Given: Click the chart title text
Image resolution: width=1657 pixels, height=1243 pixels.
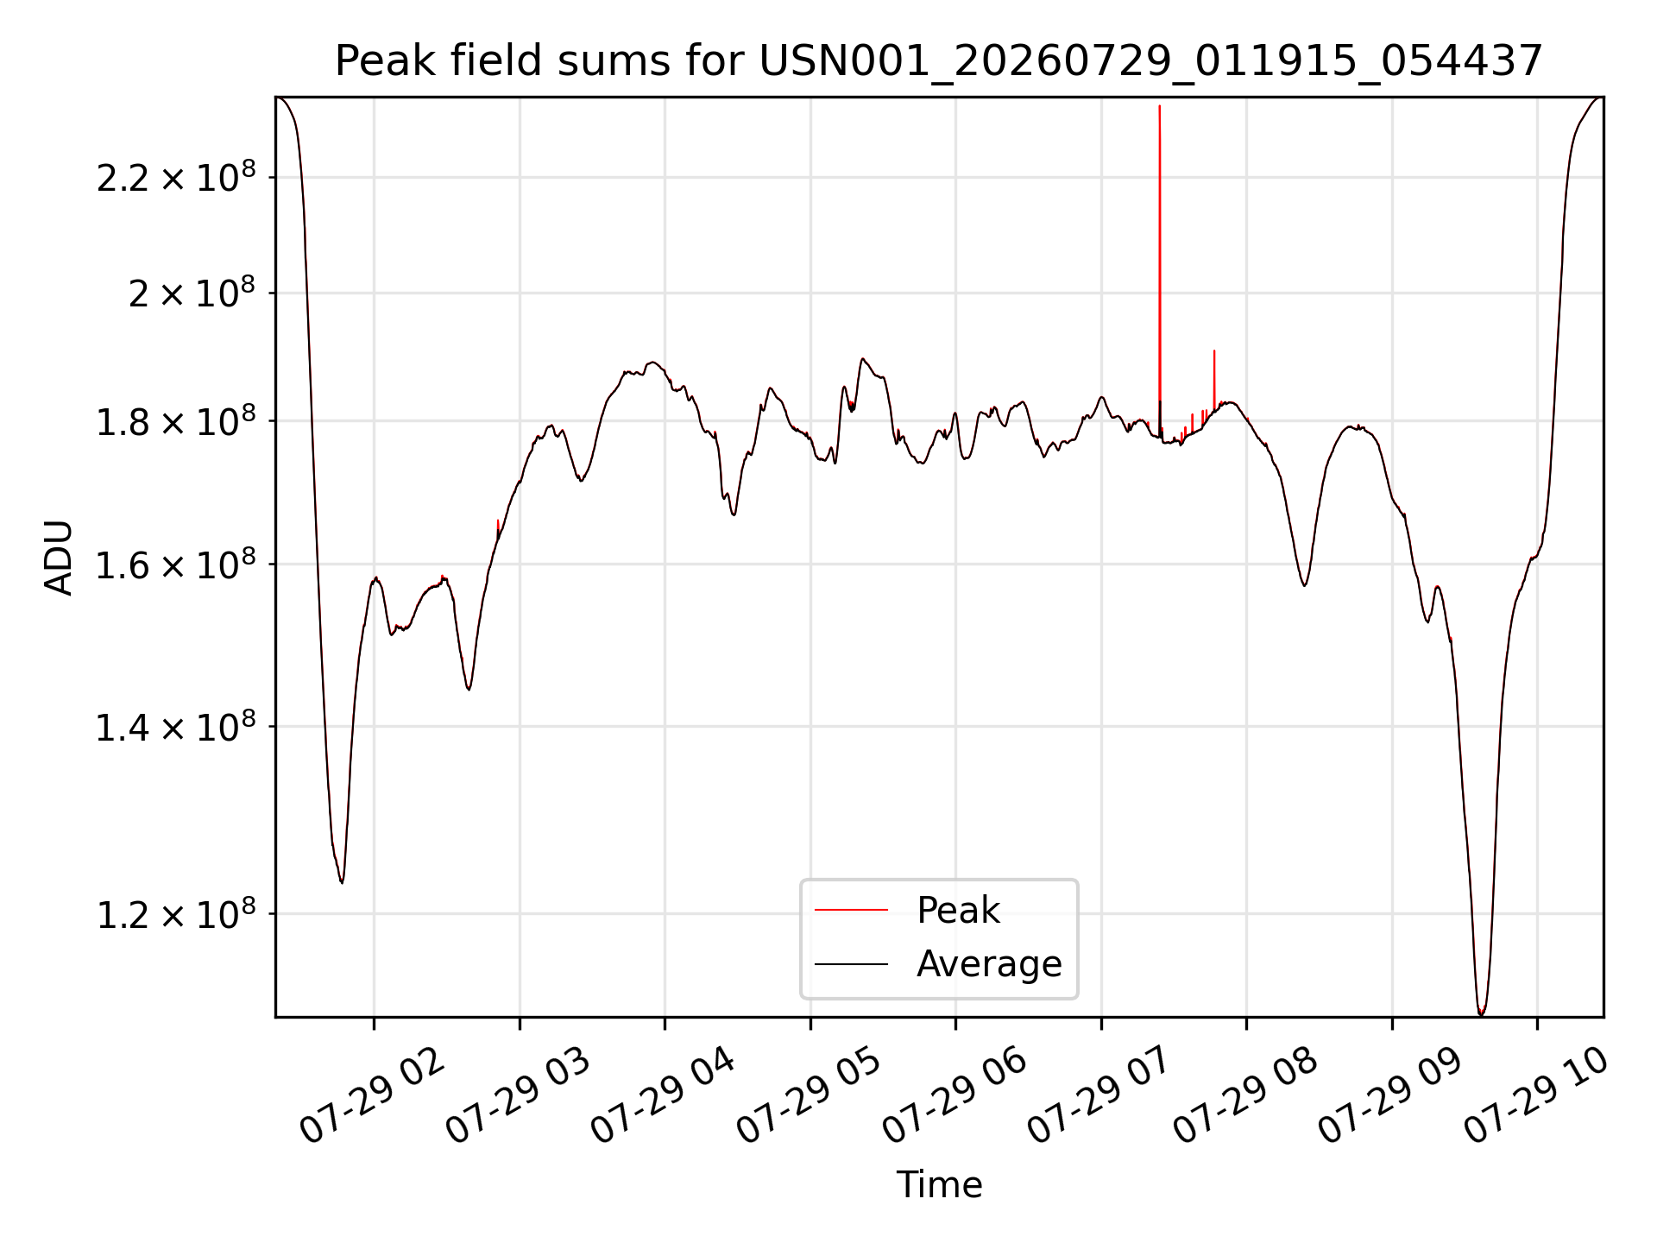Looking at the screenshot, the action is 939,61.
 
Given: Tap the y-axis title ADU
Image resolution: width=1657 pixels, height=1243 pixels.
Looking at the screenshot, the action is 59,558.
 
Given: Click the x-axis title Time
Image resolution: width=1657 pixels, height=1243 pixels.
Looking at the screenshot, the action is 939,1185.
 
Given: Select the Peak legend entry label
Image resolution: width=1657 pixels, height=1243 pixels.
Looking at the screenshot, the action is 958,911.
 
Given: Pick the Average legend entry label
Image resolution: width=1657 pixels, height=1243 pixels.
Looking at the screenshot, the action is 989,964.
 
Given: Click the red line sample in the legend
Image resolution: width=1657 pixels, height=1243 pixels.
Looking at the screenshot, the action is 851,910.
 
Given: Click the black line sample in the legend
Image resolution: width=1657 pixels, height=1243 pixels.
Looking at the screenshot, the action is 851,963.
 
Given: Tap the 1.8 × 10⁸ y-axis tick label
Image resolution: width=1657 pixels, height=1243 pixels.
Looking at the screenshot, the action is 176,420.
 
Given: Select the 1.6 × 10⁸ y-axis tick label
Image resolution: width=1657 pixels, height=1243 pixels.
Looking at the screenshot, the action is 176,564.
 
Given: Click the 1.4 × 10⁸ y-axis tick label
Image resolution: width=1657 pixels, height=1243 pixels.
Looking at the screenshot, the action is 176,726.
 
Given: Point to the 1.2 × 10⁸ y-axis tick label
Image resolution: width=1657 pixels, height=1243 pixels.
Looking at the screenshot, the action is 176,912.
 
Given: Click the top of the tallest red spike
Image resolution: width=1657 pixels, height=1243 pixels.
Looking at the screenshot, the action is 1159,106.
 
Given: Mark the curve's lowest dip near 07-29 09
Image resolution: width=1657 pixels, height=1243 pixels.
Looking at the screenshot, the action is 1481,1013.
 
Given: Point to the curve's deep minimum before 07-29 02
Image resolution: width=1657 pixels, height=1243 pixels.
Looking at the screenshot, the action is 342,882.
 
